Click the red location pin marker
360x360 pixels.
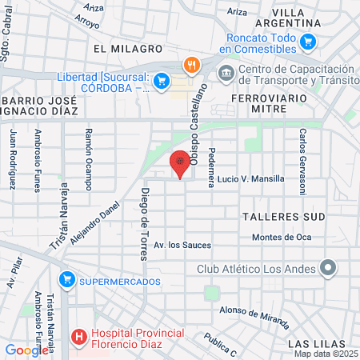click(x=181, y=163)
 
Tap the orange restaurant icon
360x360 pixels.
click(x=190, y=65)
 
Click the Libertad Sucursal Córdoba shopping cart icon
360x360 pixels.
click(x=162, y=80)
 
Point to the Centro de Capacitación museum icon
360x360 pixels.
click(x=225, y=74)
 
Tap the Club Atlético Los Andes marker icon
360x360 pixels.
click(x=326, y=268)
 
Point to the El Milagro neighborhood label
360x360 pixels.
click(x=122, y=49)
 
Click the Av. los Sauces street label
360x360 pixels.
click(x=182, y=245)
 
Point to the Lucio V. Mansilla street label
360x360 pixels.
click(x=250, y=179)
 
